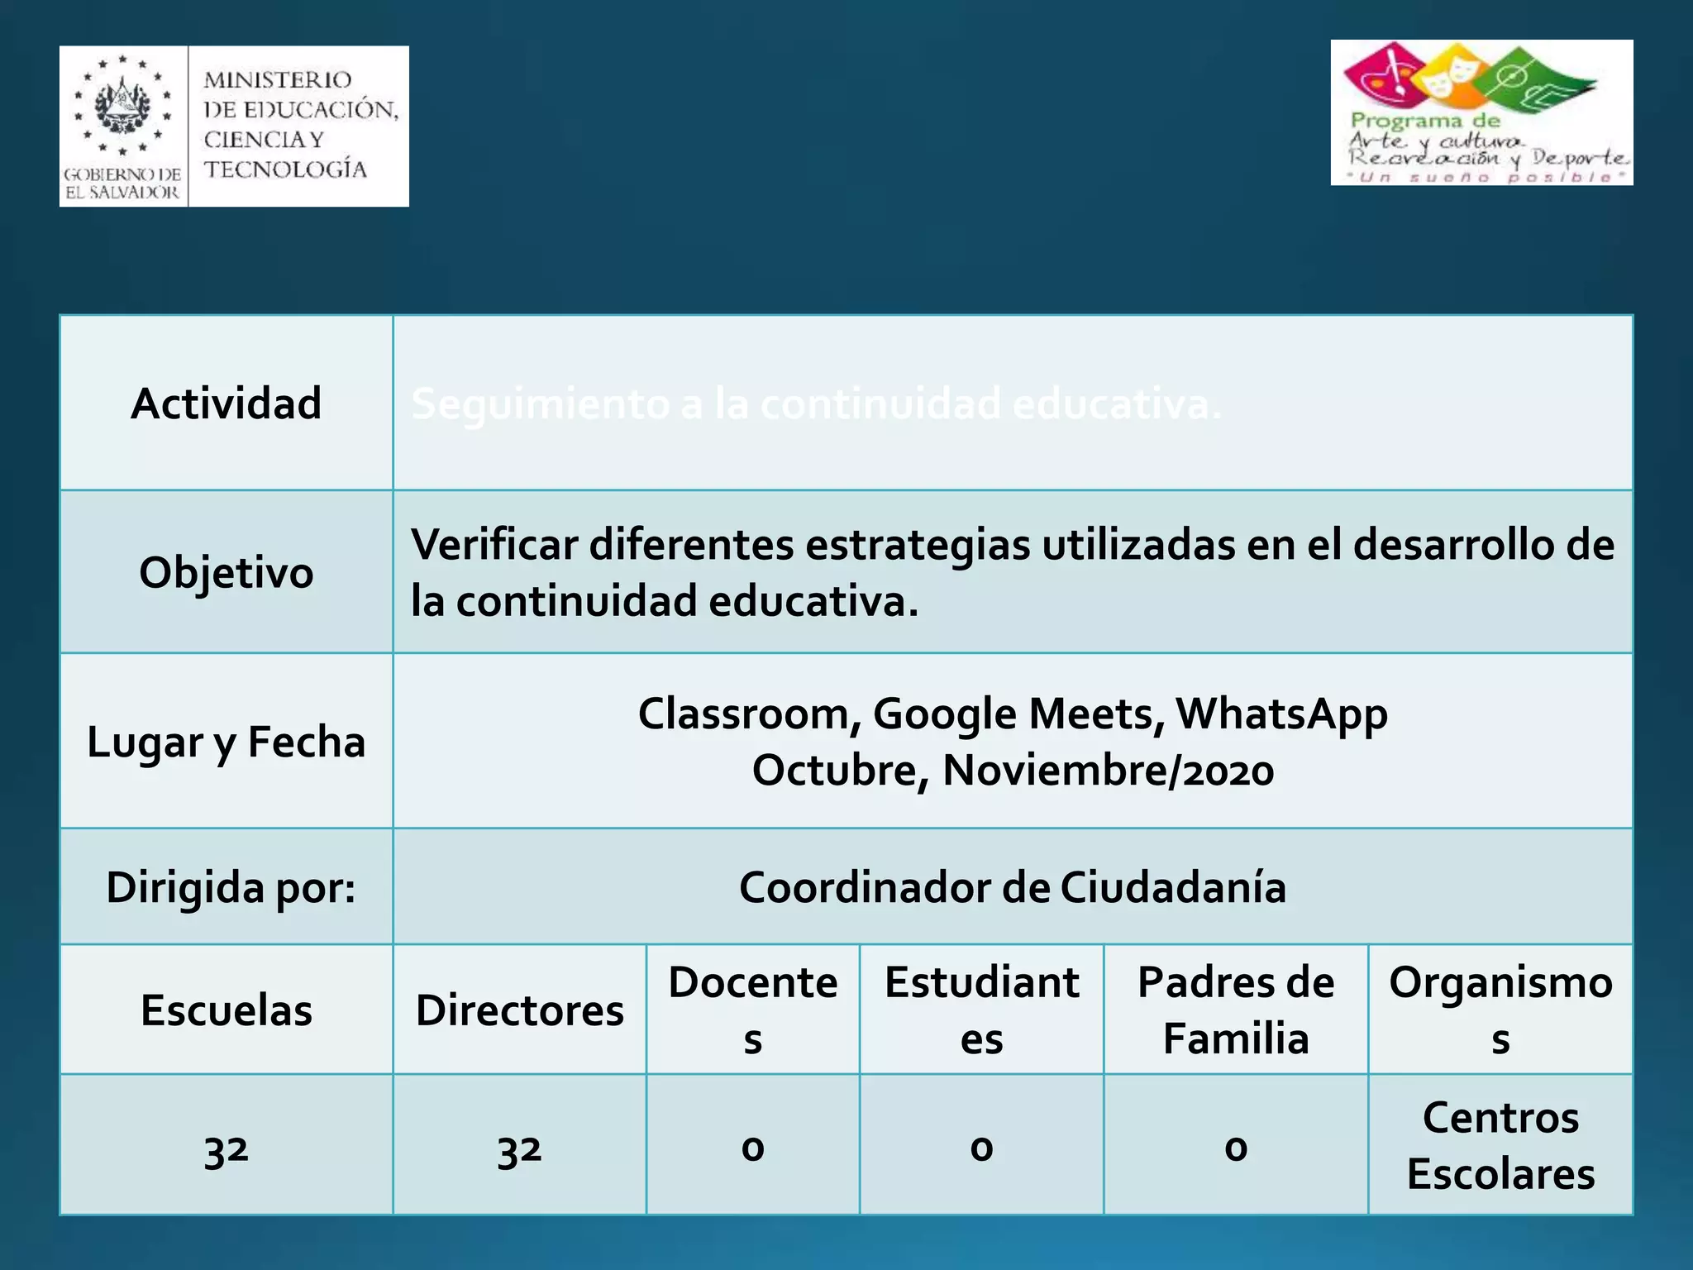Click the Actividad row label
(226, 403)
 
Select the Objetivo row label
(226, 572)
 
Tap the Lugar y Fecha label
(226, 742)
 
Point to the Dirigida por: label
(231, 887)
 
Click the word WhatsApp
(1281, 714)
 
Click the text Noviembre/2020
(1108, 770)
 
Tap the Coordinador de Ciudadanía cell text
(1013, 887)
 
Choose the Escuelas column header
(226, 1010)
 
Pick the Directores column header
(519, 1010)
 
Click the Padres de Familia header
(1236, 1010)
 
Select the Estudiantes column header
(981, 1010)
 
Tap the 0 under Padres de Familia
(1236, 1148)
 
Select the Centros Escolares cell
(1500, 1145)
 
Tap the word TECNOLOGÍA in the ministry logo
(285, 169)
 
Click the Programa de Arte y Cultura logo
(1481, 112)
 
